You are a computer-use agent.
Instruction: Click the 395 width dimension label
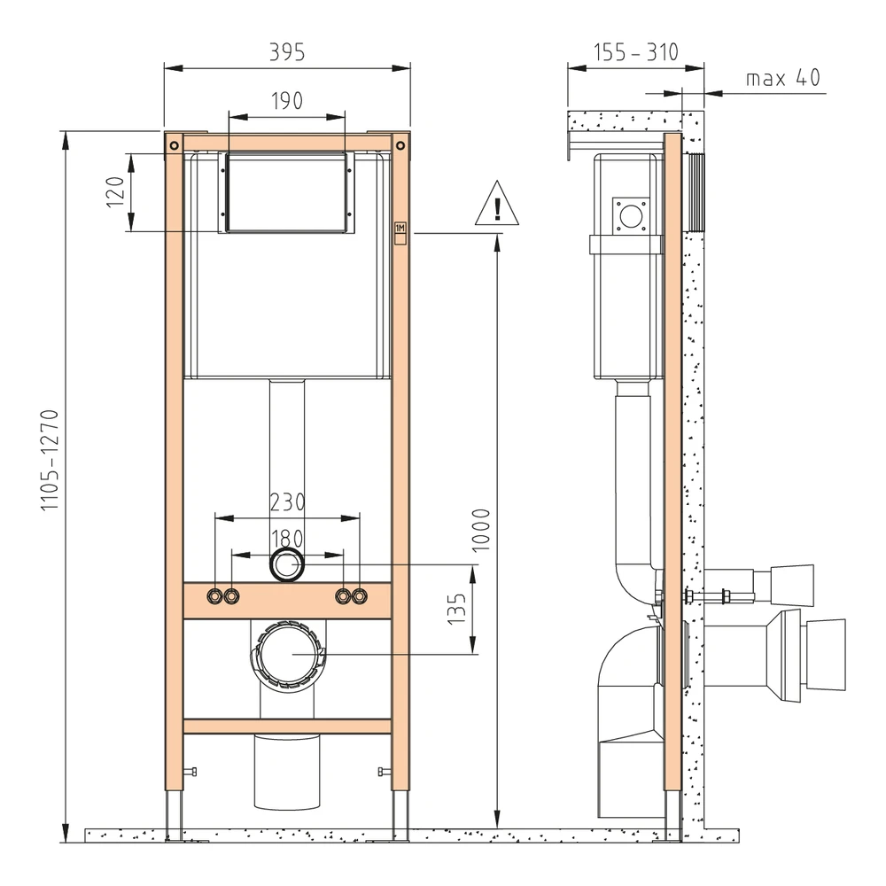coord(286,52)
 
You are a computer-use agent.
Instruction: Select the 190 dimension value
coord(286,101)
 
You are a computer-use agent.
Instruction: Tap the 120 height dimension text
coord(115,192)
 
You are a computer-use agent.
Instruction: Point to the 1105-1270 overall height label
coord(50,461)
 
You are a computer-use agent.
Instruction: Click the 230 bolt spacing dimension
coord(287,502)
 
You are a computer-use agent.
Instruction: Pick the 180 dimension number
coord(287,539)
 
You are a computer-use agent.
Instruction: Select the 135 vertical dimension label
coord(456,609)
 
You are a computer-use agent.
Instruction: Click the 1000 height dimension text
coord(481,530)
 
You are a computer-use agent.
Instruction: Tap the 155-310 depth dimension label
coord(635,52)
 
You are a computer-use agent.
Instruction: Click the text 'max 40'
coord(782,77)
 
